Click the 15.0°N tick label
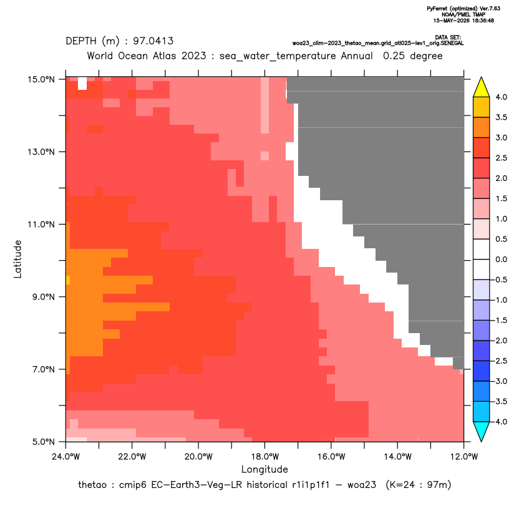[41, 79]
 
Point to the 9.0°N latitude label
[44, 297]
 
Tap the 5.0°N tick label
[44, 442]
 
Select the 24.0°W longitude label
[66, 457]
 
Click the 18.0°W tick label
[264, 457]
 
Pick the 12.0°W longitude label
[463, 457]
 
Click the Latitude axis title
[17, 259]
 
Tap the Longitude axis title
[264, 469]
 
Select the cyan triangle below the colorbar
[482, 430]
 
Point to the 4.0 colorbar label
[501, 97]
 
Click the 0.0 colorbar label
[501, 259]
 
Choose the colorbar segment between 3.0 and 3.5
[482, 127]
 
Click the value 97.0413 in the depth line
[153, 41]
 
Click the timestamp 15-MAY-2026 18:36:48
[463, 21]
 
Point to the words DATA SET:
[448, 37]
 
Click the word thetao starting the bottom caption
[92, 485]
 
